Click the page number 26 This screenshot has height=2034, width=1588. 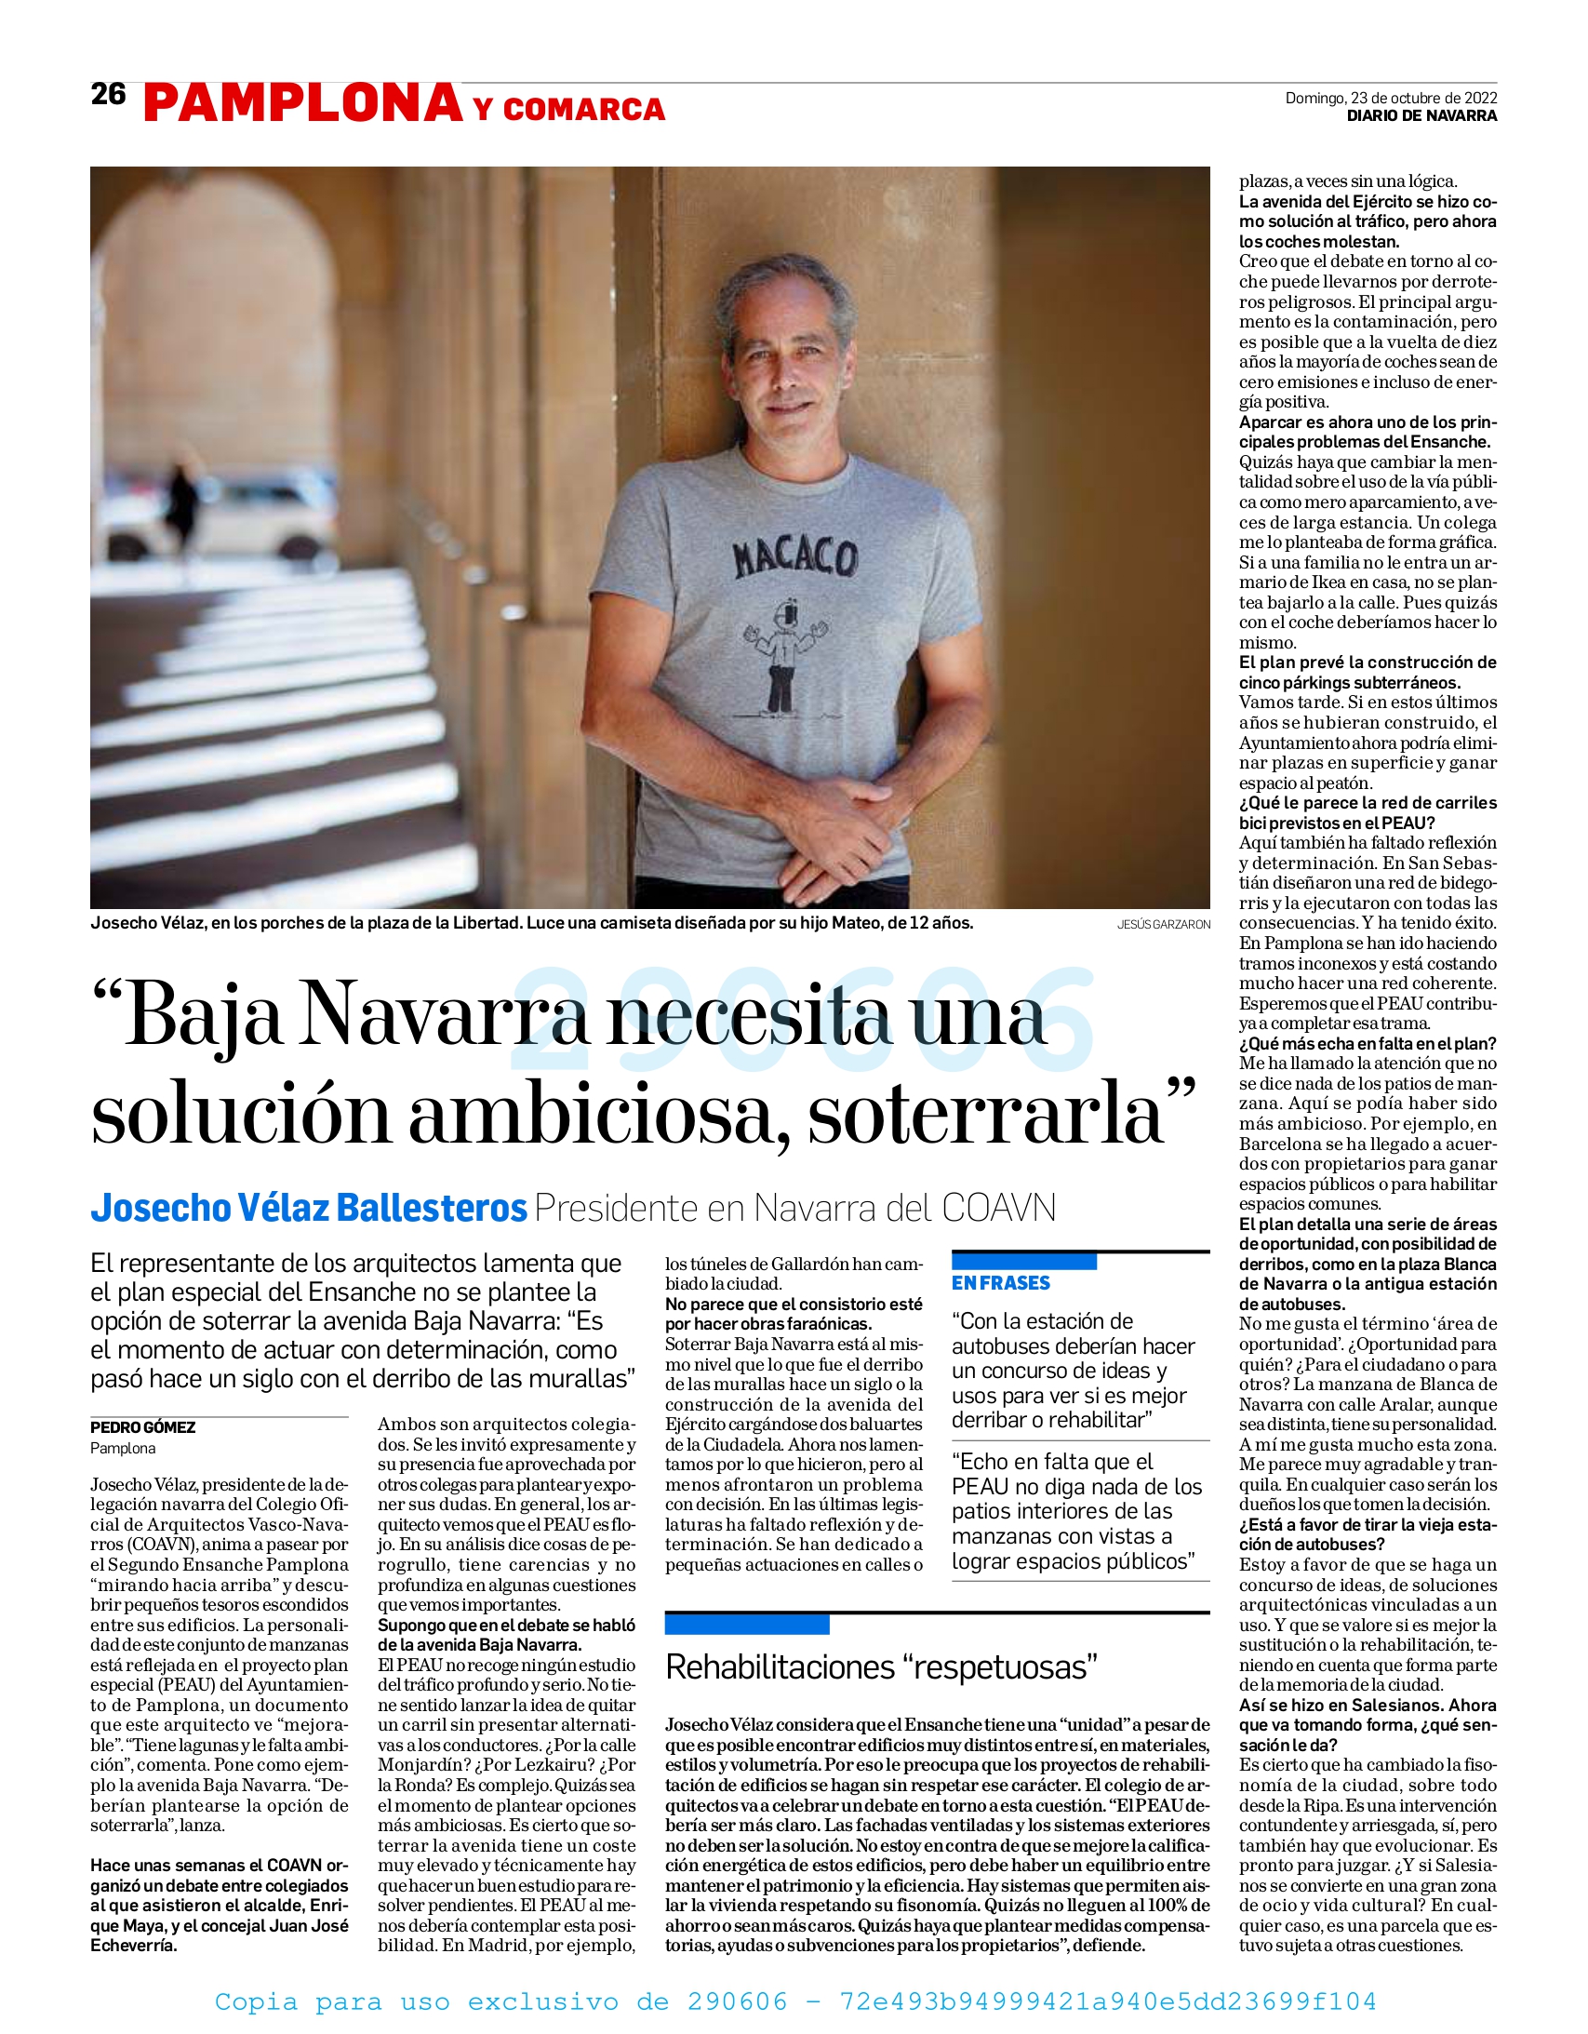(x=108, y=94)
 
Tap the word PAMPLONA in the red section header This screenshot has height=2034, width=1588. (x=303, y=103)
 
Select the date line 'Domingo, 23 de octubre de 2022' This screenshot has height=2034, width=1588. (x=1391, y=98)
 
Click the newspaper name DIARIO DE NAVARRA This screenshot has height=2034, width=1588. (x=1421, y=116)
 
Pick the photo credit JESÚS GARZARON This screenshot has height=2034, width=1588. (x=1163, y=925)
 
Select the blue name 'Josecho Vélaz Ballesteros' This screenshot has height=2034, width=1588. (x=309, y=1208)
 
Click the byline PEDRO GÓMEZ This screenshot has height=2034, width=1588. (x=142, y=1427)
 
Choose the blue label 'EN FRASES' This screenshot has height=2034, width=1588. (x=1000, y=1283)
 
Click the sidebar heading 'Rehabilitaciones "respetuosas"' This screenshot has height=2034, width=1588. (x=881, y=1667)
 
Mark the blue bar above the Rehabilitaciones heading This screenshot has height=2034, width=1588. (x=746, y=1625)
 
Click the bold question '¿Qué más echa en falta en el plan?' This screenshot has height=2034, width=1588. (x=1368, y=1044)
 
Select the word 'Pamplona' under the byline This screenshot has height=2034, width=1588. (x=123, y=1448)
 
